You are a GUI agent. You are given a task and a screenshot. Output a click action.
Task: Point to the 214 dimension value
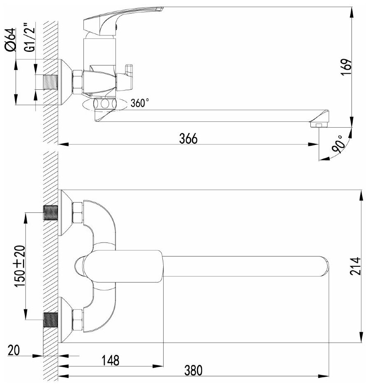click(356, 267)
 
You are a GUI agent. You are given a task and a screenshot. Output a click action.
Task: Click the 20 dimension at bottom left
click(14, 350)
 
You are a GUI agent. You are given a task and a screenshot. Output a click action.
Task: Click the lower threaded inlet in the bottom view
click(51, 320)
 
